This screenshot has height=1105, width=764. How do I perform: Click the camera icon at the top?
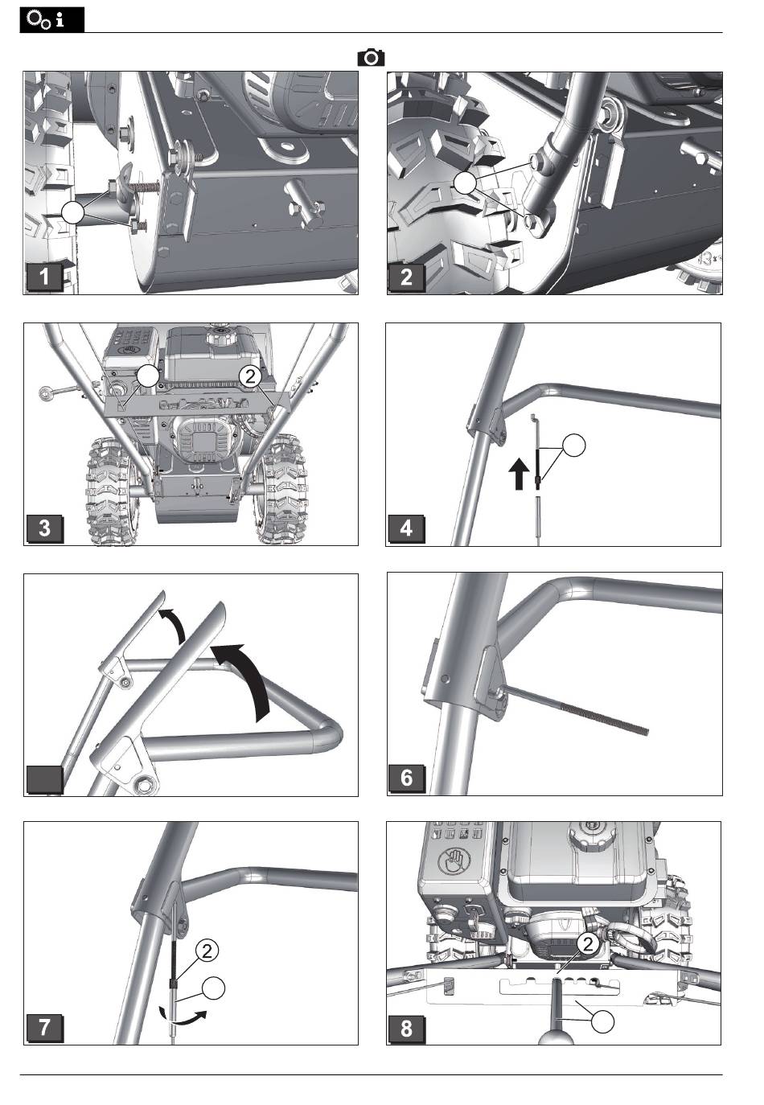[371, 58]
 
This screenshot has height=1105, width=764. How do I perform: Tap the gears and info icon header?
[52, 20]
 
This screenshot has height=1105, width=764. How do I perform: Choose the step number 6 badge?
[407, 778]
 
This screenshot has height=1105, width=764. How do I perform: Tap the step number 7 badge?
[45, 1027]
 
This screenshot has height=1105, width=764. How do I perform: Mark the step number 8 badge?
[407, 1027]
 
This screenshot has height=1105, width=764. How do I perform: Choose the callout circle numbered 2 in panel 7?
[207, 951]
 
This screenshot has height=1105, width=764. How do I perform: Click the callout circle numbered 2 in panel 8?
[588, 944]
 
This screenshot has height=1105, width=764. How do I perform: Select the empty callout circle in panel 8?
[604, 1022]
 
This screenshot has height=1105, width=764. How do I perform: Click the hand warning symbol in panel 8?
[455, 865]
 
